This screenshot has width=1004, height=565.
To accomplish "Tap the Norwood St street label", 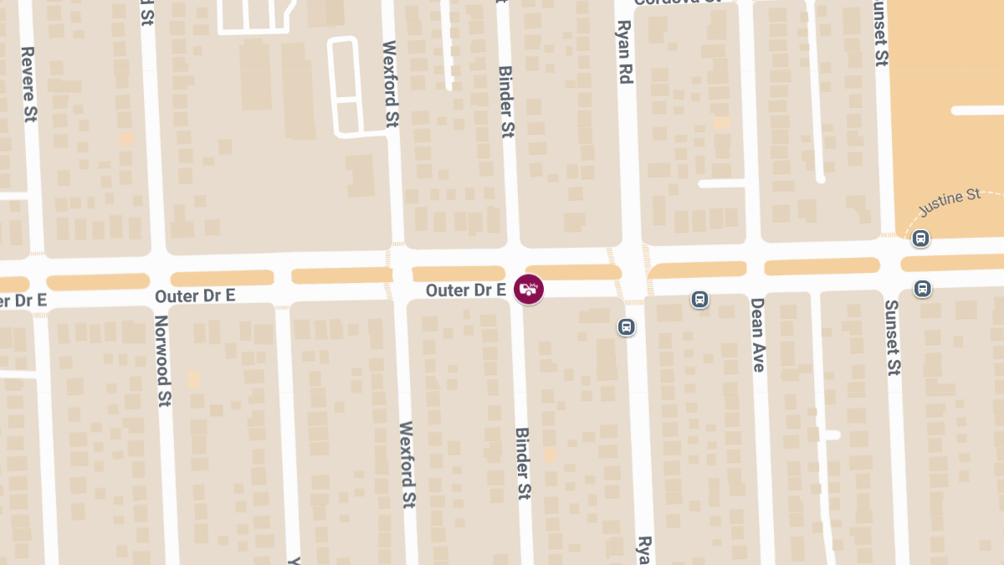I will [162, 362].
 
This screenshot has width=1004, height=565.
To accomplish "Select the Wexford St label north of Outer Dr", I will [390, 84].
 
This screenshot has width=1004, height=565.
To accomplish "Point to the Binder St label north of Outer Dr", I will [506, 102].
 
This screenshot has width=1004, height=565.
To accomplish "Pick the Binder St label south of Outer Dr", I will [523, 464].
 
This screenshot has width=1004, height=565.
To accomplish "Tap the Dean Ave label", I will [757, 335].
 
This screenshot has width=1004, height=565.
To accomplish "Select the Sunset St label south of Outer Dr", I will [893, 337].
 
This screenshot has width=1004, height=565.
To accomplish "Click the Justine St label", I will [950, 201].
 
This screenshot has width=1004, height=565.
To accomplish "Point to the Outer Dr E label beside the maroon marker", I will [465, 290].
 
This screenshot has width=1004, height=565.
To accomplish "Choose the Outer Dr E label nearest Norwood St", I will [195, 295].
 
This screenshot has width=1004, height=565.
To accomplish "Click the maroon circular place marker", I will [529, 290].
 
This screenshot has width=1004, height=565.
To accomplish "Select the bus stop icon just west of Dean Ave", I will [699, 299].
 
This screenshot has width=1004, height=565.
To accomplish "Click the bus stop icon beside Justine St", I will [920, 239].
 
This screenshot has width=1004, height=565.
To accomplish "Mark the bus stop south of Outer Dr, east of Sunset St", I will [922, 289].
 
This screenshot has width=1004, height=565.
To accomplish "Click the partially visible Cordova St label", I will [678, 3].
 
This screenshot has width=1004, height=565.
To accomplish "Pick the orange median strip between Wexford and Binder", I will [458, 273].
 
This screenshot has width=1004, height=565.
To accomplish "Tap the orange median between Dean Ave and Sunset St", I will [822, 266].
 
